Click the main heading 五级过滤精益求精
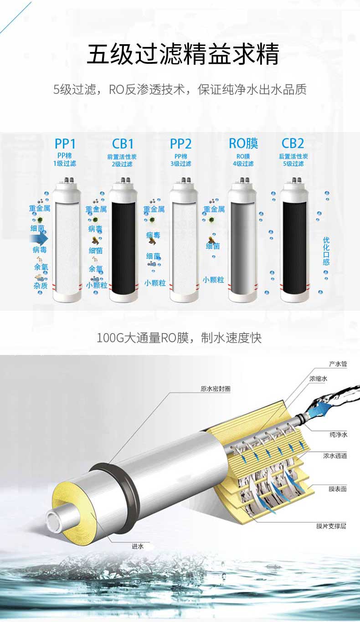183,54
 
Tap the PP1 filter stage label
65,144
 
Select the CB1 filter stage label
123,144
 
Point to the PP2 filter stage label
180,144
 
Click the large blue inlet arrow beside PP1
39,238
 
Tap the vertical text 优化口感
326,251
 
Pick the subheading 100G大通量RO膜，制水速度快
179,338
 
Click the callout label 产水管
338,364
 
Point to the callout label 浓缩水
319,379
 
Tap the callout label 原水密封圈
216,389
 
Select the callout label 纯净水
338,435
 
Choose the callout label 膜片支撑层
331,526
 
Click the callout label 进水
138,546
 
